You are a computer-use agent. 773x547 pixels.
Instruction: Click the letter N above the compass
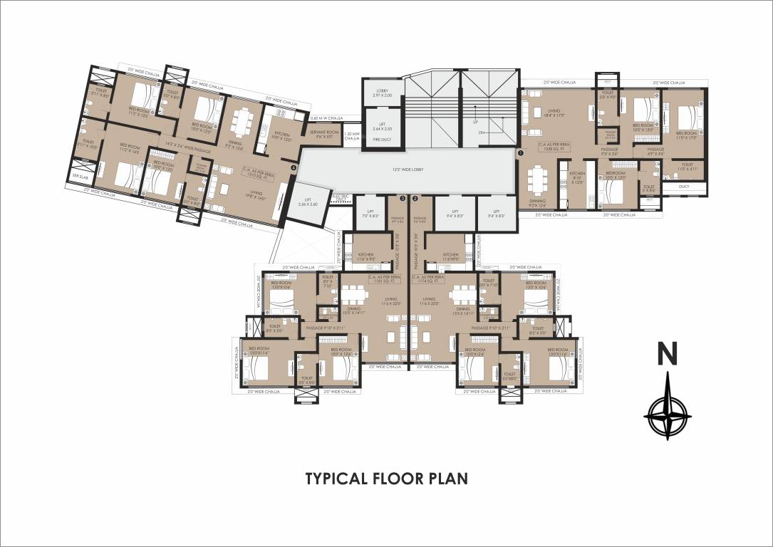tap(667, 354)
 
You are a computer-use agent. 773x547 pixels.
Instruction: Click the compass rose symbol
tap(668, 412)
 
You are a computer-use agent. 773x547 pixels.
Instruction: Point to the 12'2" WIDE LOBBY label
tap(408, 170)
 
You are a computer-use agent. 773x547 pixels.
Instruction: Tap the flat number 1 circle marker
tap(520, 152)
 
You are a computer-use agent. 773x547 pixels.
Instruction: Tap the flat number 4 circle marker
tap(294, 168)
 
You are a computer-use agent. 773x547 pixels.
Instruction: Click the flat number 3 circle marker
tap(403, 199)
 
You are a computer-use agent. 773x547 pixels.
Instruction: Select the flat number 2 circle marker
tap(415, 199)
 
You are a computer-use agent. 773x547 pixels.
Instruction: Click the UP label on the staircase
tap(475, 121)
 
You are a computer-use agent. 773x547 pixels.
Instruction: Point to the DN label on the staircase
tap(481, 132)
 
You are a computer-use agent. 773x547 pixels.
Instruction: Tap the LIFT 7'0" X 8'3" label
tap(370, 214)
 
